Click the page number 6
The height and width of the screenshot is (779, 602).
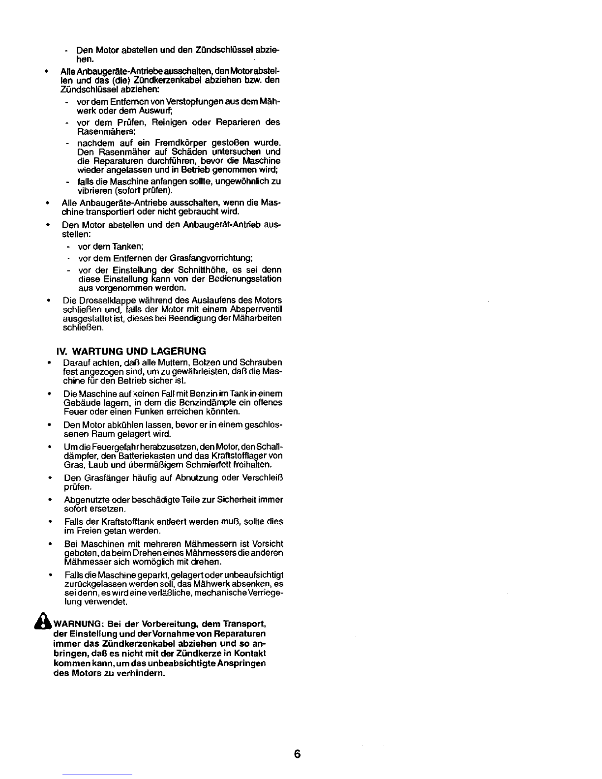pos(297,755)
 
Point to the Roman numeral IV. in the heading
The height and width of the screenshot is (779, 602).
pos(63,351)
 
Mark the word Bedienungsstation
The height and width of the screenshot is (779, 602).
pos(249,279)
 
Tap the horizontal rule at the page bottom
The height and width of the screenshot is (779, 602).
pos(97,775)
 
